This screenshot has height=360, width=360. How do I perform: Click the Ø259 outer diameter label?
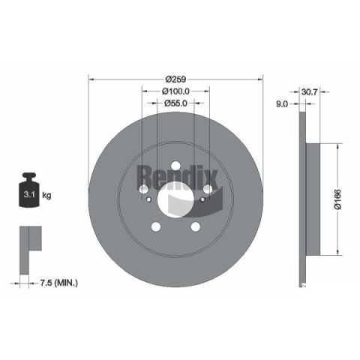point(175,79)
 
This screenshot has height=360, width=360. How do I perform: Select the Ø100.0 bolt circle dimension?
point(175,91)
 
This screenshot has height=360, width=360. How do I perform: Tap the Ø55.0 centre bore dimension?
point(175,103)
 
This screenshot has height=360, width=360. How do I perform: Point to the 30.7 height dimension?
point(310,92)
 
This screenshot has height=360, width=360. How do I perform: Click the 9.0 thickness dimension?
point(282,103)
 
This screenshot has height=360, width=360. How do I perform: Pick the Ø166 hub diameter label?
point(337,199)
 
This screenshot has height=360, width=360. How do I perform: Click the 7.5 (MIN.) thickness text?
point(59,283)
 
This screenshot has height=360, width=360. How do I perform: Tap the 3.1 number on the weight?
point(29,194)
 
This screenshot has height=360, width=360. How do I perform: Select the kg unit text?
point(46,195)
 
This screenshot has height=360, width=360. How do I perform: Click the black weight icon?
point(29,190)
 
